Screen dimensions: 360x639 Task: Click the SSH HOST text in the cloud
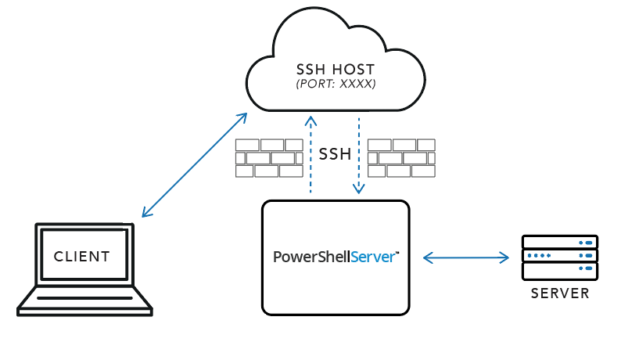click(336, 68)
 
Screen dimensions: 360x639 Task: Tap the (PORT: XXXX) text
click(336, 83)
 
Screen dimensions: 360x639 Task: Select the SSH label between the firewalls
click(335, 154)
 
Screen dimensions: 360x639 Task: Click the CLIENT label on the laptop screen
click(82, 256)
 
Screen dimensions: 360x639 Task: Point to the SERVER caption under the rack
click(559, 294)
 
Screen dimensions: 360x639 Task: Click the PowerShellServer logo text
click(336, 257)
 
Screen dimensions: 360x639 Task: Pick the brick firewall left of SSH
click(269, 158)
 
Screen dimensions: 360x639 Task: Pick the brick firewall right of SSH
click(401, 158)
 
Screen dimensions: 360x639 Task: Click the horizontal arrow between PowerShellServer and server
click(465, 257)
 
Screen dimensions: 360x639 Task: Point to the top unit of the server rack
click(559, 243)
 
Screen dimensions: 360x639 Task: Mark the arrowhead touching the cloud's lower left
click(243, 117)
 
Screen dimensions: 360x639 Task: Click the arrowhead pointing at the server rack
click(507, 257)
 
